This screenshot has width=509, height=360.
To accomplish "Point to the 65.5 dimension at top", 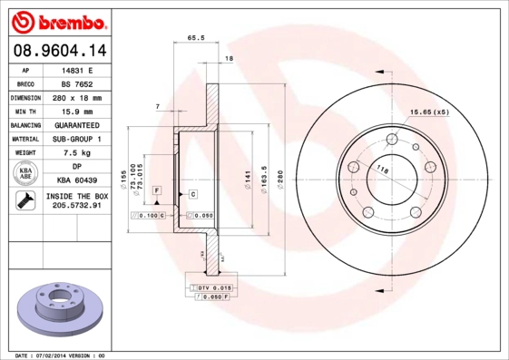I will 195,38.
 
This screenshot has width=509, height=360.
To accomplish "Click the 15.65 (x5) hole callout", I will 429,112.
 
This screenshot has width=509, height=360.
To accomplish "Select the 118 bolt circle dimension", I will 383,170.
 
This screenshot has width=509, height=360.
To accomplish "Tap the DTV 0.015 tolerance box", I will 211,287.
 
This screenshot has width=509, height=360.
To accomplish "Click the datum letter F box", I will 157,190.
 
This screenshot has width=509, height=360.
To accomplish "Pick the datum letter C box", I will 193,194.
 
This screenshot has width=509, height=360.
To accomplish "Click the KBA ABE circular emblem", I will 25,174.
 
